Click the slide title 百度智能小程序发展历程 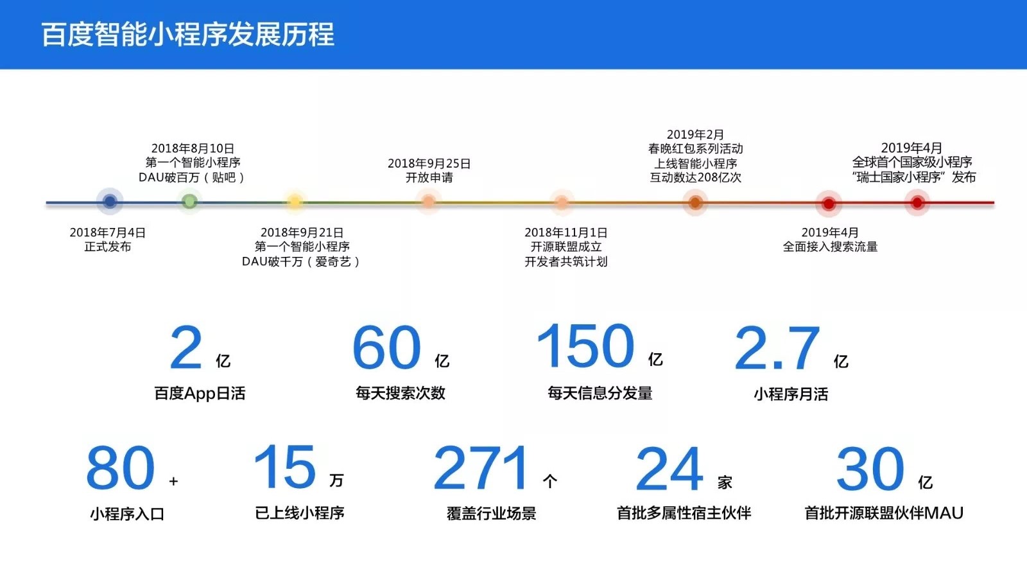click(188, 34)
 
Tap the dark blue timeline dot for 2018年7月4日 click(110, 201)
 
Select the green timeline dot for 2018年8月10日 click(190, 201)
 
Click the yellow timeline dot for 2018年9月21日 click(295, 202)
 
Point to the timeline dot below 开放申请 click(428, 202)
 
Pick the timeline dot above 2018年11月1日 click(562, 202)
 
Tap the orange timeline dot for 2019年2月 click(695, 202)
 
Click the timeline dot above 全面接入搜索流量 click(829, 203)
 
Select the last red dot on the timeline click(917, 203)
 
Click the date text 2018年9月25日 click(429, 163)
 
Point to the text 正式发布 click(108, 247)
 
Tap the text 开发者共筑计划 click(565, 261)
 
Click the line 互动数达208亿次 click(695, 177)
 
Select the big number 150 click(585, 346)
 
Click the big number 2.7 click(777, 347)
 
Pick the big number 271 click(481, 468)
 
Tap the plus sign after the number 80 click(173, 481)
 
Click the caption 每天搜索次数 click(401, 393)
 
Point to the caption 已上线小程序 click(299, 513)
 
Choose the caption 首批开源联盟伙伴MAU click(884, 513)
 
